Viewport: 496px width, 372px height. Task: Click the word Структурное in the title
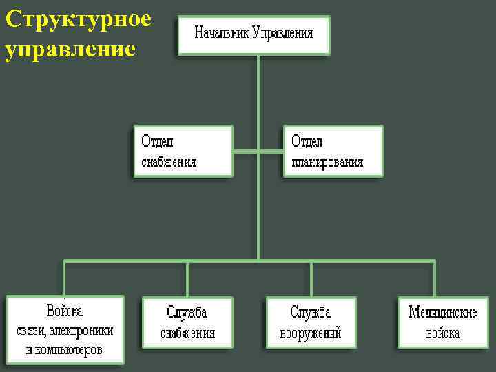[77, 19]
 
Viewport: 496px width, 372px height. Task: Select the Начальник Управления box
[254, 35]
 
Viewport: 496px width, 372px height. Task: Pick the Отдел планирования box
[333, 152]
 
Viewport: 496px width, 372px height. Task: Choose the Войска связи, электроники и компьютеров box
[65, 330]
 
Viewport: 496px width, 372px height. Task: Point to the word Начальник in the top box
[221, 32]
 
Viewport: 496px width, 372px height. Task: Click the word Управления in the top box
[283, 32]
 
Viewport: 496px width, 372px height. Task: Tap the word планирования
[327, 163]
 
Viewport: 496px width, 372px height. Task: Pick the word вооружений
[311, 334]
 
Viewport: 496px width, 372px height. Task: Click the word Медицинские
[443, 312]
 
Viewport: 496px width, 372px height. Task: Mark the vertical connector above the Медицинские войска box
[435, 278]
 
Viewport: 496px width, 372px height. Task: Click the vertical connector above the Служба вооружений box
[311, 278]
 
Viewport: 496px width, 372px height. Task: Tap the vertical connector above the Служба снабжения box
[187, 278]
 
